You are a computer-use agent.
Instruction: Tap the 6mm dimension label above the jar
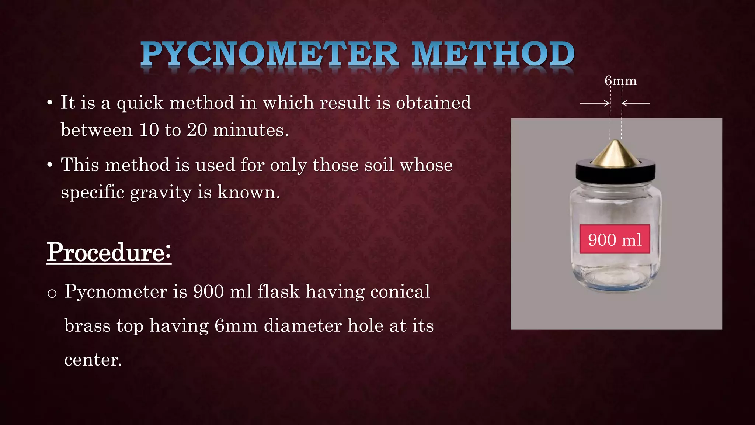(x=620, y=81)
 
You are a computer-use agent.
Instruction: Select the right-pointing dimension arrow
(x=595, y=103)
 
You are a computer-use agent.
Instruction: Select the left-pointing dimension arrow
(x=636, y=103)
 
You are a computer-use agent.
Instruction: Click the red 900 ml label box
(x=615, y=239)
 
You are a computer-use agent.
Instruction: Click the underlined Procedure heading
(x=109, y=253)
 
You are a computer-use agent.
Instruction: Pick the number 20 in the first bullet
(x=197, y=130)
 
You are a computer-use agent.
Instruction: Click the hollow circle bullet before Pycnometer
(x=52, y=293)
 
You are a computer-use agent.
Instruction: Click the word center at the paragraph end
(x=93, y=360)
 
